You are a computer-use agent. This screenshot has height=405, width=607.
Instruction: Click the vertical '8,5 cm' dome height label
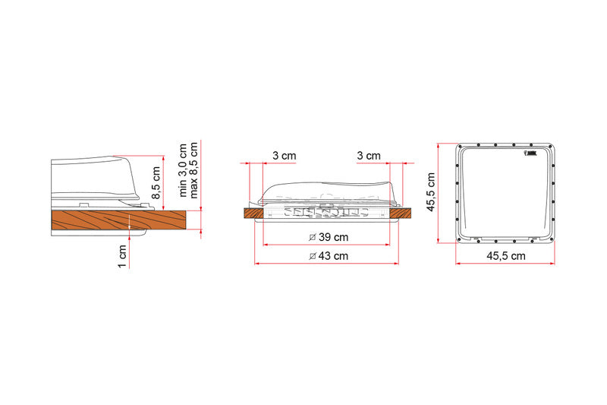coord(157,183)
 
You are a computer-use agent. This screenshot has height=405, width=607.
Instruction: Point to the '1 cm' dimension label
coord(121,256)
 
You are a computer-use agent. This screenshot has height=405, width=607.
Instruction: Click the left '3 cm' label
coord(284,155)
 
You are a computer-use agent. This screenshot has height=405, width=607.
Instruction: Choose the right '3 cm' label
coord(368,155)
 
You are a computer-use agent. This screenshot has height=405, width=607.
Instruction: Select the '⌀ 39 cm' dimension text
coord(329,238)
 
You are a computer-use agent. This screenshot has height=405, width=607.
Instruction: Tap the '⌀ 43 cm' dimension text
coord(329,256)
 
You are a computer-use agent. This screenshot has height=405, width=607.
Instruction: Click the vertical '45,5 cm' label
coord(431,192)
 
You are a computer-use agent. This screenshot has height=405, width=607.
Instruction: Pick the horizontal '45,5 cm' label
coord(505,256)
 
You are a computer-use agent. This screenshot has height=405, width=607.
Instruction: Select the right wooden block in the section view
coord(400,214)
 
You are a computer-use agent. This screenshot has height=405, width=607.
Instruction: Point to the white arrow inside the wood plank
coord(130,223)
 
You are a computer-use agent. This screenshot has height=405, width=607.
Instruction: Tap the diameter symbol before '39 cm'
coord(313,238)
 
